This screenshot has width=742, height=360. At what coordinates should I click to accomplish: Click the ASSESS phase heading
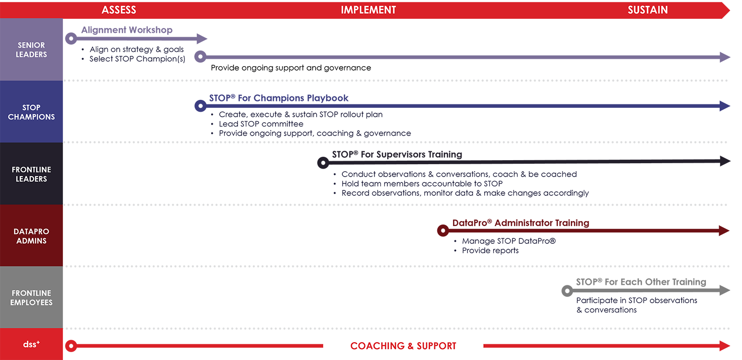[119, 10]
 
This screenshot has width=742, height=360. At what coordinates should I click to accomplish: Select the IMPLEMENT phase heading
[369, 10]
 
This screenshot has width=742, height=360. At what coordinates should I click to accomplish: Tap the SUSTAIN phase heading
[648, 10]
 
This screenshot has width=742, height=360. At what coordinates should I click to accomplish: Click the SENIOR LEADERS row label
[31, 49]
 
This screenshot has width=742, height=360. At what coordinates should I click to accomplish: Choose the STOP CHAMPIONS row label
[31, 112]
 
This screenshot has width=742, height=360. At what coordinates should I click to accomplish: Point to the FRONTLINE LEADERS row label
[31, 174]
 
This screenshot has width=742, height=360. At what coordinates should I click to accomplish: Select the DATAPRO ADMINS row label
[31, 236]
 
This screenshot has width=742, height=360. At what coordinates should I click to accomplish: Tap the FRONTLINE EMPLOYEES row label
[31, 298]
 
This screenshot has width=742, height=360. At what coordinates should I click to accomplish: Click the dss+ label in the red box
[31, 344]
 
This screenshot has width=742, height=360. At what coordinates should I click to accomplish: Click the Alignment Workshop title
[127, 30]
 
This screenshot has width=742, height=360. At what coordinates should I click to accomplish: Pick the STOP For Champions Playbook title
[278, 98]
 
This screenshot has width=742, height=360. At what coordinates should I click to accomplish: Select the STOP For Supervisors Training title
[397, 154]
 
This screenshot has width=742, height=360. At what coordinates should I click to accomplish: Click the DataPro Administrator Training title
[521, 223]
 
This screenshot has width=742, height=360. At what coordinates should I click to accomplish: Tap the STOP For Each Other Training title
[641, 282]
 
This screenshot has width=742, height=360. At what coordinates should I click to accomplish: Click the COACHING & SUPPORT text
[403, 346]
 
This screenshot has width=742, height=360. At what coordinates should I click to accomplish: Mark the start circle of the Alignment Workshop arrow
[71, 39]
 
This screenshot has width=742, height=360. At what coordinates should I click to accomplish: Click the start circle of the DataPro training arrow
[443, 230]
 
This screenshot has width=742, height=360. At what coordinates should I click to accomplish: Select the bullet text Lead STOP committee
[261, 124]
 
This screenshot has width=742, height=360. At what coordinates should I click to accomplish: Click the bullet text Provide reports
[490, 250]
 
